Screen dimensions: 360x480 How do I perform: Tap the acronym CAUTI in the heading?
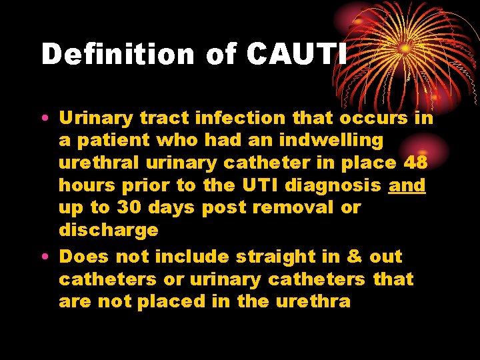pyautogui.click(x=297, y=54)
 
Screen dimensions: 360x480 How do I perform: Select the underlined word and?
pyautogui.click(x=407, y=185)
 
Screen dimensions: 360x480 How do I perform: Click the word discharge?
pyautogui.click(x=109, y=230)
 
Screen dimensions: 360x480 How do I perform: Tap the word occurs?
pyautogui.click(x=374, y=118)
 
